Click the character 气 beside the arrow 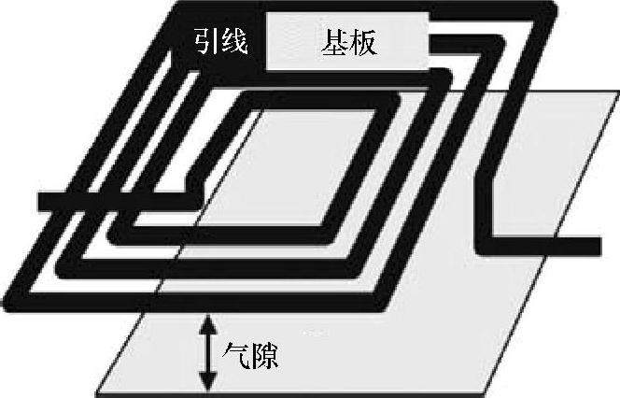pos(236,355)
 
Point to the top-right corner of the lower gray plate pos(616,92)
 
